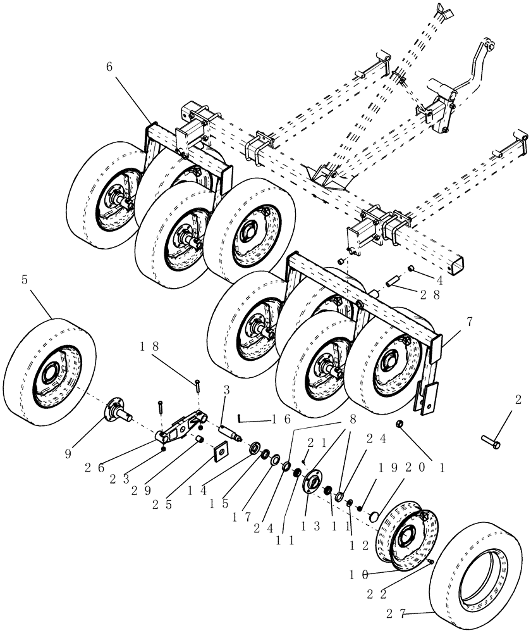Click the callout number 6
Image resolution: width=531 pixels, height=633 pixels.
tap(110, 68)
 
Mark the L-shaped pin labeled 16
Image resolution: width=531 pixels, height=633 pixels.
tap(243, 417)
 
